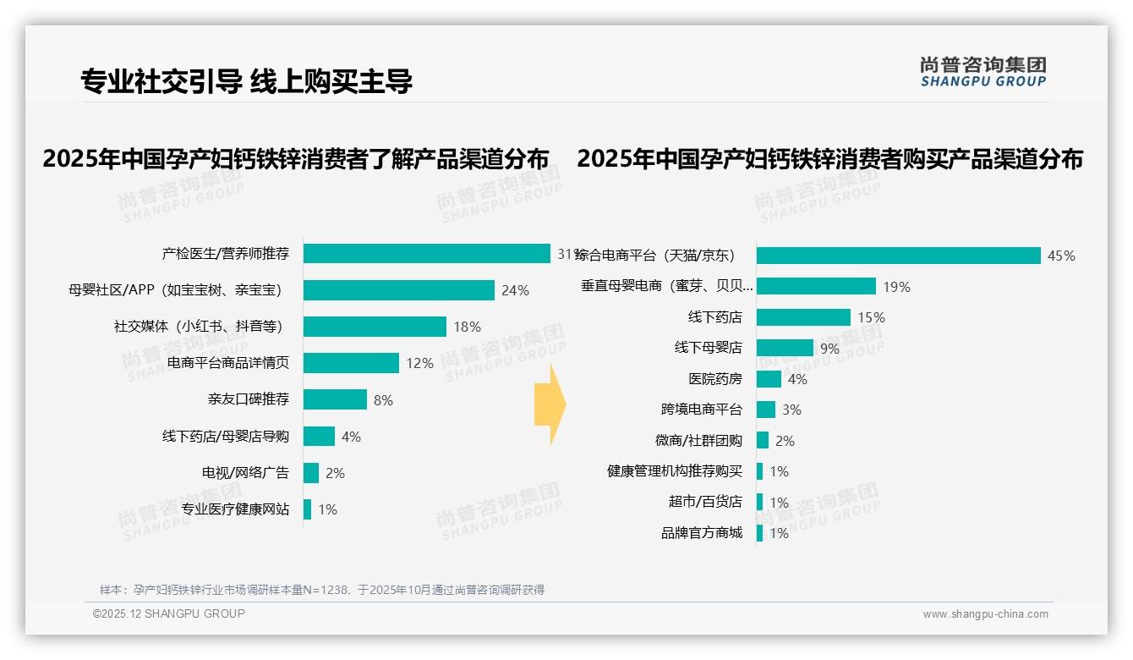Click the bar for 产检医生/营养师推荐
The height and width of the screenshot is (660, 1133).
pyautogui.click(x=427, y=254)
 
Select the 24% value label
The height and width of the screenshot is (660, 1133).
pyautogui.click(x=515, y=290)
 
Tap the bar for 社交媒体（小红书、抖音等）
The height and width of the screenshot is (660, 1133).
pyautogui.click(x=375, y=327)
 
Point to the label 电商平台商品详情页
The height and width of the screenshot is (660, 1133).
pyautogui.click(x=228, y=363)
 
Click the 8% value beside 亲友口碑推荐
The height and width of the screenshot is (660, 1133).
pyautogui.click(x=383, y=400)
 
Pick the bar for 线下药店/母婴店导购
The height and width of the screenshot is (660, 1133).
pyautogui.click(x=320, y=437)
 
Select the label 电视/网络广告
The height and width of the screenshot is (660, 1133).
pyautogui.click(x=245, y=473)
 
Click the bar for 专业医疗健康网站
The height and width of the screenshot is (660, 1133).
pyautogui.click(x=308, y=509)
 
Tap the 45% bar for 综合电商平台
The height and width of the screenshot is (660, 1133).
pyautogui.click(x=898, y=256)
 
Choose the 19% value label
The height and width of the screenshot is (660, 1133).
pyautogui.click(x=896, y=287)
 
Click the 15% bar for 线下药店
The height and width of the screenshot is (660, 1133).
pyautogui.click(x=803, y=317)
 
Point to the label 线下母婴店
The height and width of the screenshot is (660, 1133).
pyautogui.click(x=708, y=348)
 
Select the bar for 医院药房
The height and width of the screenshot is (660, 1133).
pyautogui.click(x=769, y=379)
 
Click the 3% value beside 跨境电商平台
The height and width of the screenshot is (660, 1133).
pyautogui.click(x=791, y=410)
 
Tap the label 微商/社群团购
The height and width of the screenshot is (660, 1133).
pyautogui.click(x=698, y=441)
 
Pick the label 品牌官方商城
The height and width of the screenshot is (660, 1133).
pyautogui.click(x=701, y=533)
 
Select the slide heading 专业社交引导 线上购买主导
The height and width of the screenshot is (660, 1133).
pyautogui.click(x=246, y=81)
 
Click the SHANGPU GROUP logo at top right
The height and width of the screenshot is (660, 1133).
pyautogui.click(x=982, y=72)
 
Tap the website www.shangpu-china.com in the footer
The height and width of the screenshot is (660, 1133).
pyautogui.click(x=985, y=614)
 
